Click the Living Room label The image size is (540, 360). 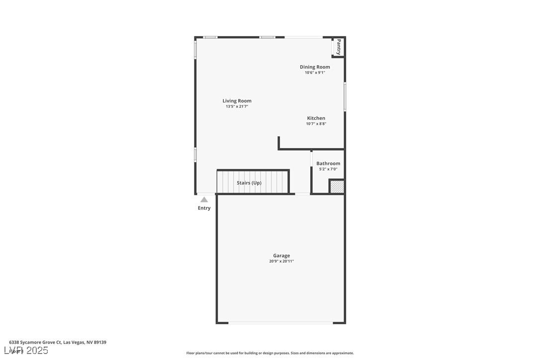(x=237, y=101)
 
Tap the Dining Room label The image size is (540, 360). (x=315, y=67)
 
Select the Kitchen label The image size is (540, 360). (x=316, y=118)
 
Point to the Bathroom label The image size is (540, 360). (x=328, y=164)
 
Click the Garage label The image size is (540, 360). (x=281, y=256)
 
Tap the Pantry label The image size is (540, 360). (x=339, y=47)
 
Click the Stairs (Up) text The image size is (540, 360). (x=249, y=183)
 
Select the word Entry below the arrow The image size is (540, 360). (x=204, y=208)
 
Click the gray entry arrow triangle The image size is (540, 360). (x=204, y=199)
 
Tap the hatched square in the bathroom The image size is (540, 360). (x=337, y=186)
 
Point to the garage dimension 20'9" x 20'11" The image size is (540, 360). (x=281, y=262)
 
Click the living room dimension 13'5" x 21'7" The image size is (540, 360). (x=237, y=106)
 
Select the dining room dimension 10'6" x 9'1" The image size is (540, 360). (x=315, y=73)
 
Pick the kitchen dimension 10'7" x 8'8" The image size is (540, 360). (x=316, y=124)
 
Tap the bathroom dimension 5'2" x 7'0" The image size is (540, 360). (x=328, y=169)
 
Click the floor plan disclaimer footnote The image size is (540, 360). (x=270, y=353)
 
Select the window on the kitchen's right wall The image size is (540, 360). (x=345, y=96)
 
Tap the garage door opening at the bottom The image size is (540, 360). (x=280, y=323)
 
